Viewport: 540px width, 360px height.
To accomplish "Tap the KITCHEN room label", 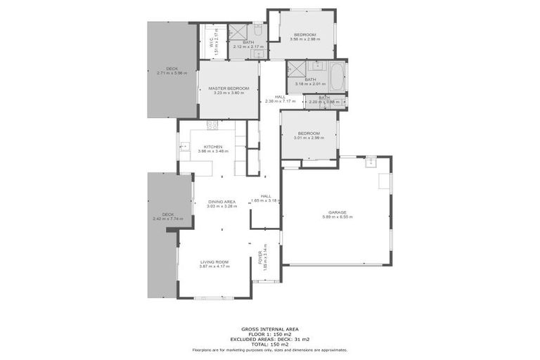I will pyautogui.click(x=213, y=147).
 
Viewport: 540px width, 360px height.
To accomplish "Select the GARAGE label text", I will pyautogui.click(x=337, y=212).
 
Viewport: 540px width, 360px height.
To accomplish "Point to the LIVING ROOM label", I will pyautogui.click(x=214, y=261).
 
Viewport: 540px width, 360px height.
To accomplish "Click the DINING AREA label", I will pyautogui.click(x=221, y=202).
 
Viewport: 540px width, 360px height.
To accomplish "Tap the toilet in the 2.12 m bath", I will pyautogui.click(x=257, y=31).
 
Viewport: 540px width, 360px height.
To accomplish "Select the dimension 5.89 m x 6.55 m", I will pyautogui.click(x=337, y=217).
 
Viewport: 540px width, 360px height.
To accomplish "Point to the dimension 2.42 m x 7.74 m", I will pyautogui.click(x=167, y=219).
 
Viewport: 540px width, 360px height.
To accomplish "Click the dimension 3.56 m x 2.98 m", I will pyautogui.click(x=304, y=39).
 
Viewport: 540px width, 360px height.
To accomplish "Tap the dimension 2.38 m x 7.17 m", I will pyautogui.click(x=280, y=101).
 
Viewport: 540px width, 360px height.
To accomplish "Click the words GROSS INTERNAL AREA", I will pyautogui.click(x=269, y=328).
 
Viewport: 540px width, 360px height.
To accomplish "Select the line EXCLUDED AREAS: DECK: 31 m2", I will pyautogui.click(x=269, y=339).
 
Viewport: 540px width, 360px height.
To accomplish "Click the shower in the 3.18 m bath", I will pyautogui.click(x=295, y=68).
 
